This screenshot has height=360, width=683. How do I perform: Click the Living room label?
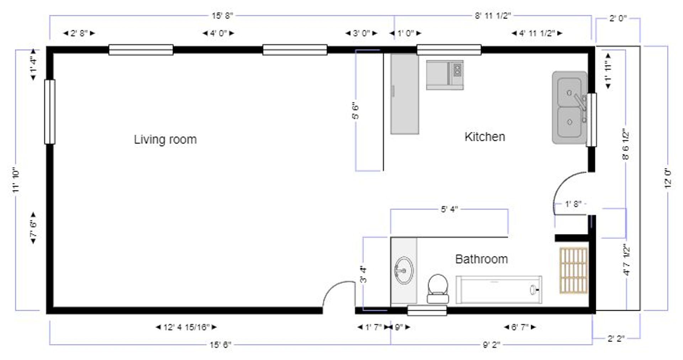click(165, 139)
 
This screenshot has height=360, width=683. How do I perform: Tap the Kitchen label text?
click(485, 137)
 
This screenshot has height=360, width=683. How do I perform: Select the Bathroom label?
click(481, 259)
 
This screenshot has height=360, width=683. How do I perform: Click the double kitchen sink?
click(570, 108)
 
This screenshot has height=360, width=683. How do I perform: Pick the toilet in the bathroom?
click(438, 288)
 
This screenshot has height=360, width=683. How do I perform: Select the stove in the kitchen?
click(445, 75)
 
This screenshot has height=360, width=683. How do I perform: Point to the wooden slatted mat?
click(573, 271)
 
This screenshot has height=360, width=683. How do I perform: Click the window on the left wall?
click(50, 112)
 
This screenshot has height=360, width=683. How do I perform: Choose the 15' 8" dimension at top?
click(222, 16)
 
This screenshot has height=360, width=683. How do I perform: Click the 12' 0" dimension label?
click(668, 178)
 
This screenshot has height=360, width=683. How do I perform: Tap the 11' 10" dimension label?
click(16, 180)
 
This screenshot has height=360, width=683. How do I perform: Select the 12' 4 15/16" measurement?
click(186, 327)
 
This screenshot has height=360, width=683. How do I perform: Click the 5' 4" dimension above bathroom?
click(449, 209)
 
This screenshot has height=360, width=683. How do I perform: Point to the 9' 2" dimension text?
click(491, 344)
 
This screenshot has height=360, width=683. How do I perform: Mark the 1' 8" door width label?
click(573, 204)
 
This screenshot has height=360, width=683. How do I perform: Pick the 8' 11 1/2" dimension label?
click(493, 16)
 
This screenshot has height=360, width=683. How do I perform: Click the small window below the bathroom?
click(427, 311)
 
